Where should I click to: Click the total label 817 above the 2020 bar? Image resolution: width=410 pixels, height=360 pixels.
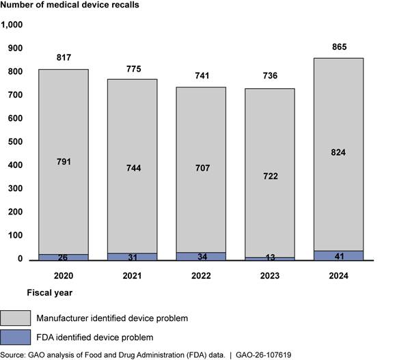tap(64, 57)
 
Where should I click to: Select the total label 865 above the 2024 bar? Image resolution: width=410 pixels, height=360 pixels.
tap(338, 47)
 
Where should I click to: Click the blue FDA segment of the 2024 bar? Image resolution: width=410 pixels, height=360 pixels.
tap(338, 255)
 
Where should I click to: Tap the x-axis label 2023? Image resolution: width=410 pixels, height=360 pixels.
tap(270, 276)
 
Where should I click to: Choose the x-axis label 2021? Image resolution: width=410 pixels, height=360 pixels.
tap(133, 276)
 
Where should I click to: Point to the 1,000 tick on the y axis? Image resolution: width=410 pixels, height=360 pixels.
tap(12, 25)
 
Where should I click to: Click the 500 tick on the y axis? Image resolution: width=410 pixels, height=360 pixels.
tap(14, 142)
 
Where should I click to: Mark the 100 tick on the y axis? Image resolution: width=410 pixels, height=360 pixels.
tap(14, 236)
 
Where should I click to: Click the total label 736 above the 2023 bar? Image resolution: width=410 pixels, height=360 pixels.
tap(270, 78)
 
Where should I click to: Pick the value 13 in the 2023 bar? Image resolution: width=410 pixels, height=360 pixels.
tap(270, 257)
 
